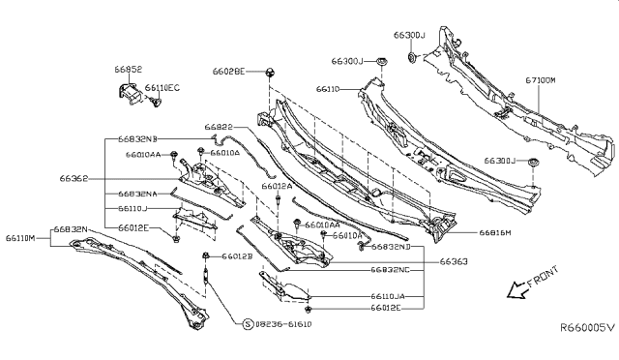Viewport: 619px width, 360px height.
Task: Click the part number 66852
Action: point(129,71)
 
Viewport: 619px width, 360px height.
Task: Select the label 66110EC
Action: point(163,87)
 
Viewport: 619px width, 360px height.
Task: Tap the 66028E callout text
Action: point(229,72)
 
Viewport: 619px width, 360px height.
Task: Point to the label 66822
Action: point(218,127)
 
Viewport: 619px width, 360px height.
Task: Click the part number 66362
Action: point(74,178)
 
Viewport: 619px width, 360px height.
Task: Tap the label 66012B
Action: point(236,256)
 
